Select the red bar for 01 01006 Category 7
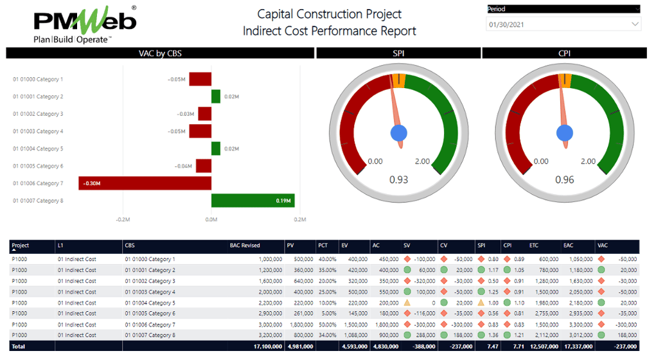pos(145,183)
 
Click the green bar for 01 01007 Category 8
pos(253,201)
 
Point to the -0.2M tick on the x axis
pos(123,219)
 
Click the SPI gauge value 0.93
pos(398,179)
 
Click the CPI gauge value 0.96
pos(564,179)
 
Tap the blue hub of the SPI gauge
pos(399,133)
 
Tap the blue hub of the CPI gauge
pos(565,133)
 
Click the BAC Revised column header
pos(245,246)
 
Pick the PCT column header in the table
pos(323,246)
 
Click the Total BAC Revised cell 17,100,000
pos(266,346)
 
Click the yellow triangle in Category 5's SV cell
pos(407,303)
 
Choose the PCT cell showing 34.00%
pos(328,336)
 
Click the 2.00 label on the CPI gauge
pos(588,161)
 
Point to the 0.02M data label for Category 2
pos(231,96)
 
